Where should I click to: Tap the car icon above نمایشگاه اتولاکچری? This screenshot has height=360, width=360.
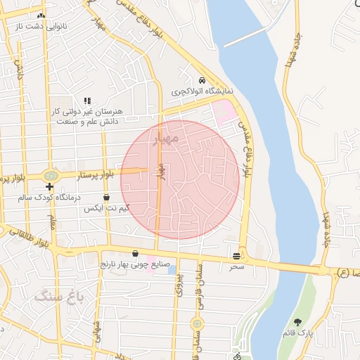(x=202, y=79)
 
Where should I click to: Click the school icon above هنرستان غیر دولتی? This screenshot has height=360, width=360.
(x=87, y=101)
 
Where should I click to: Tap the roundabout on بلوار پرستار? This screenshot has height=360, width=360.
(x=50, y=175)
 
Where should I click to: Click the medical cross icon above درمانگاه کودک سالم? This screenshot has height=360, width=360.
(x=49, y=187)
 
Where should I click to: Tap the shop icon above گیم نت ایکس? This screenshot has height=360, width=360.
(x=106, y=198)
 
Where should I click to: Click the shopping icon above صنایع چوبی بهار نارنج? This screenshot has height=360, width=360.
(x=135, y=253)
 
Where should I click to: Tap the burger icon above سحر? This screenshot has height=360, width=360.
(x=236, y=256)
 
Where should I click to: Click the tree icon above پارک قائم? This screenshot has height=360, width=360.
(x=298, y=322)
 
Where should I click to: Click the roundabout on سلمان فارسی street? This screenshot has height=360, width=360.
(x=198, y=323)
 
